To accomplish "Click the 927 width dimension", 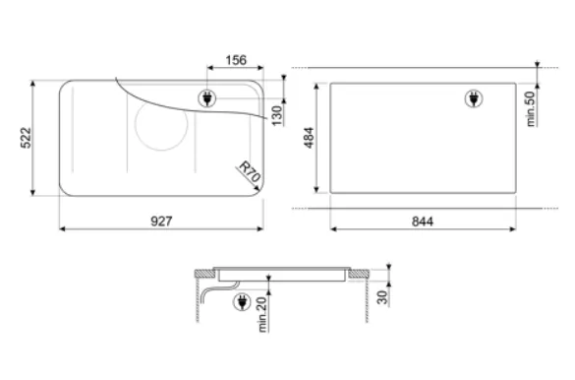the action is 161,222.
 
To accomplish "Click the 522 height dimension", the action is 26,138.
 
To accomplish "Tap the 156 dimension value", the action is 236,60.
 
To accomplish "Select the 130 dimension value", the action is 277,115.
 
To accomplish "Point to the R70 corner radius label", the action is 250,171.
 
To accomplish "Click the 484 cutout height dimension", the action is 310,138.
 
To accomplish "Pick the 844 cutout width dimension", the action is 423,222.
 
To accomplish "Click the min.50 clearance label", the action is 530,109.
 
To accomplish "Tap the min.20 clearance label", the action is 262,314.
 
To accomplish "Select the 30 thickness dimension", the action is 382,297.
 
